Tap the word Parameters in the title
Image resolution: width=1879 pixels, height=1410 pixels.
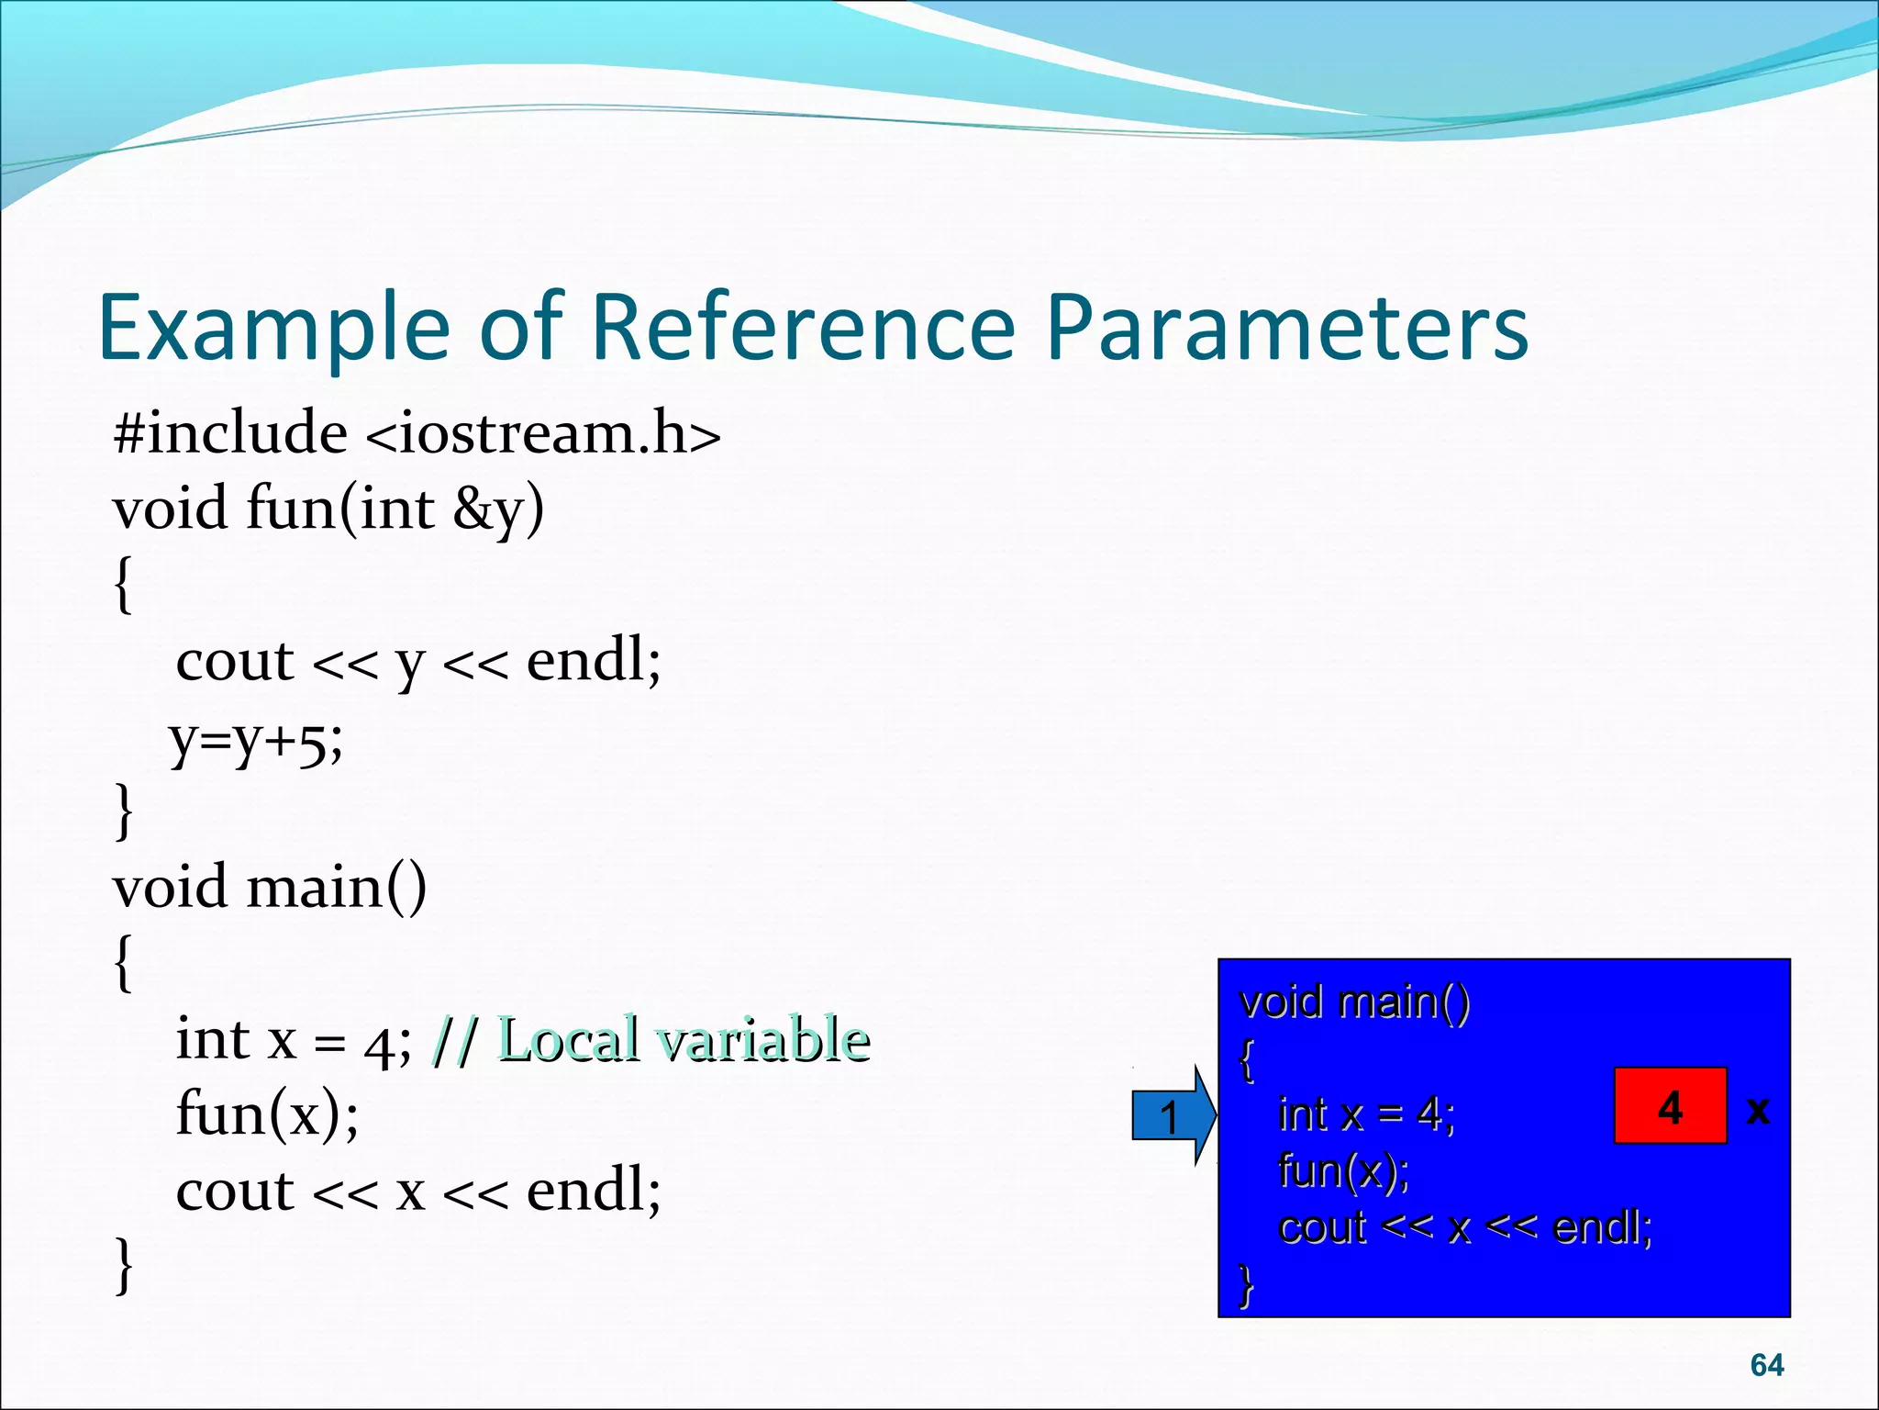1286,328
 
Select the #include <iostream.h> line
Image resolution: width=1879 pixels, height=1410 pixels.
417,432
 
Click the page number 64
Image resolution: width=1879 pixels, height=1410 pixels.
1766,1365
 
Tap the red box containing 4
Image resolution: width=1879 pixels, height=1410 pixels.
1670,1106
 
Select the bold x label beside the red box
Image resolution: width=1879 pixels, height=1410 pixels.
1758,1110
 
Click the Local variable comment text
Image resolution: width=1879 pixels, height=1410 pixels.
683,1040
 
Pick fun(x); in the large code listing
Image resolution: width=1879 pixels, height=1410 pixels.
267,1114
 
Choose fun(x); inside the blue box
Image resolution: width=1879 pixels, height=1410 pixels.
1343,1171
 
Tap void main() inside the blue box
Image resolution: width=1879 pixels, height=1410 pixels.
1353,1002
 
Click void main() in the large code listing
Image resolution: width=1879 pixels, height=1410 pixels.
270,888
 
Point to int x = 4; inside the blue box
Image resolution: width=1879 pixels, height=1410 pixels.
1365,1114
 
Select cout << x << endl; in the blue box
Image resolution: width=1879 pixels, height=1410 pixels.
1464,1227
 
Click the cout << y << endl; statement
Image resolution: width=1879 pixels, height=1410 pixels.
417,661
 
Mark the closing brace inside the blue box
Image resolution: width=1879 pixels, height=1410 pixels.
1245,1284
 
